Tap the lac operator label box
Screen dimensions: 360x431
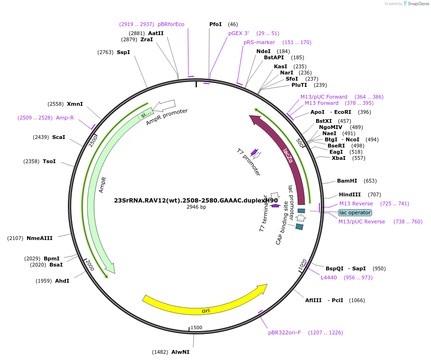coord(355,212)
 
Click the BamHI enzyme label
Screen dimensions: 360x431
coord(347,181)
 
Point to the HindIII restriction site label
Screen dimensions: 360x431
coord(350,194)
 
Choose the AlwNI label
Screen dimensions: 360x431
coord(180,352)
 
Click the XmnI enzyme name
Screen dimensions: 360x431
coord(75,104)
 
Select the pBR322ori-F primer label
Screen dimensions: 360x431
coord(284,332)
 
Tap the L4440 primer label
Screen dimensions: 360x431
coord(329,277)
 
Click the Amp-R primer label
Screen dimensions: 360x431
coord(65,118)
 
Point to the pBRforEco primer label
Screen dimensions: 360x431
coord(171,24)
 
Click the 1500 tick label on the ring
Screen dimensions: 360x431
coord(196,328)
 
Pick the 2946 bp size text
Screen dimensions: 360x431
coord(196,207)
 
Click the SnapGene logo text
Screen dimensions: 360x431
coord(416,4)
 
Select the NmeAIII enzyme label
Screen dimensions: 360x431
coord(39,238)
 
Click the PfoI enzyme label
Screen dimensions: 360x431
coord(215,24)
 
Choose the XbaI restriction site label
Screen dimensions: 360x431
coord(338,158)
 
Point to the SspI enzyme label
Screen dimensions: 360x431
coord(123,52)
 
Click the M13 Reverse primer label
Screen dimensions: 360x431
coord(356,203)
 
